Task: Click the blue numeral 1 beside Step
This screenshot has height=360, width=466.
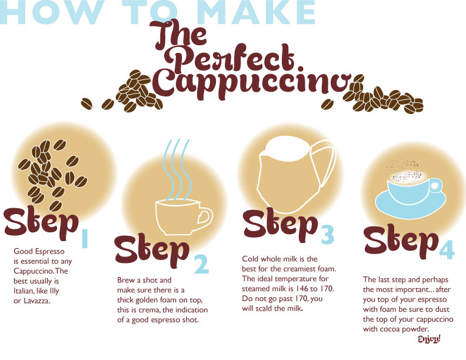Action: (x=85, y=238)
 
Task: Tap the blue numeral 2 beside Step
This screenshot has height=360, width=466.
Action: (x=201, y=264)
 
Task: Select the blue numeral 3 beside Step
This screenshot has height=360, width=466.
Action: (x=327, y=234)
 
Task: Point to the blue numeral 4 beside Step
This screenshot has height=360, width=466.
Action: (x=447, y=249)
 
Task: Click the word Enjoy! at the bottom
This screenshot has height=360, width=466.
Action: (x=429, y=339)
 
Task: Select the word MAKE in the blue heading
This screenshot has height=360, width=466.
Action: (x=256, y=12)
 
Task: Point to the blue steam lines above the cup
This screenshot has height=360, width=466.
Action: (x=178, y=170)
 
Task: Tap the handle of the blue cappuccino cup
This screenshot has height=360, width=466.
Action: (x=436, y=186)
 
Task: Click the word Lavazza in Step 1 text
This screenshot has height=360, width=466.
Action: (x=36, y=301)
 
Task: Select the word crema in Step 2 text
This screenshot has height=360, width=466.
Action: (x=151, y=310)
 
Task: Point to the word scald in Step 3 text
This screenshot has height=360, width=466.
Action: (x=264, y=308)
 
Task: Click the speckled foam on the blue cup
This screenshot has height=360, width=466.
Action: (x=408, y=176)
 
